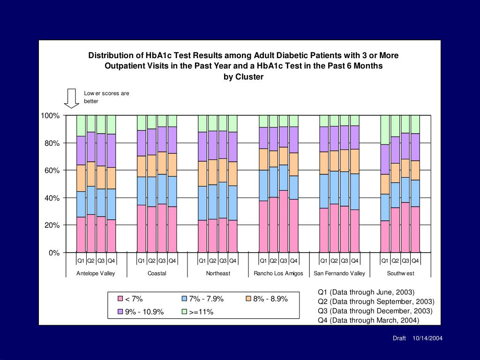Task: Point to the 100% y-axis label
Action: [x=50, y=116]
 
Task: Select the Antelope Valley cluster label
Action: [x=96, y=273]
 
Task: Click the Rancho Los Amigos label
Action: [x=278, y=273]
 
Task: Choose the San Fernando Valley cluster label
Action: [x=339, y=273]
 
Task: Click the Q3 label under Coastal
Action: [x=162, y=261]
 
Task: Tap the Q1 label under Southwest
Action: [x=385, y=261]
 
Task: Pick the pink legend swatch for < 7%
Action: [x=120, y=299]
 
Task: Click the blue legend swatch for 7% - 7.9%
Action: [x=184, y=299]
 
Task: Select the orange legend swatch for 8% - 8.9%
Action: [x=248, y=299]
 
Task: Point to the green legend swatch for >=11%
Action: [x=184, y=312]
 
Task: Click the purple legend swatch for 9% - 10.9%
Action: [x=120, y=312]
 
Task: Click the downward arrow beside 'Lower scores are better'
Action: [x=72, y=98]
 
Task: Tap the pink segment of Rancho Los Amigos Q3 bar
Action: [x=284, y=221]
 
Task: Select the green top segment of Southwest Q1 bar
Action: [x=385, y=130]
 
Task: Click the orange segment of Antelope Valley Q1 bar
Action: [x=81, y=178]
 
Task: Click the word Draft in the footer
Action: [x=399, y=338]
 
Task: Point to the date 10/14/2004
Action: [x=427, y=338]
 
